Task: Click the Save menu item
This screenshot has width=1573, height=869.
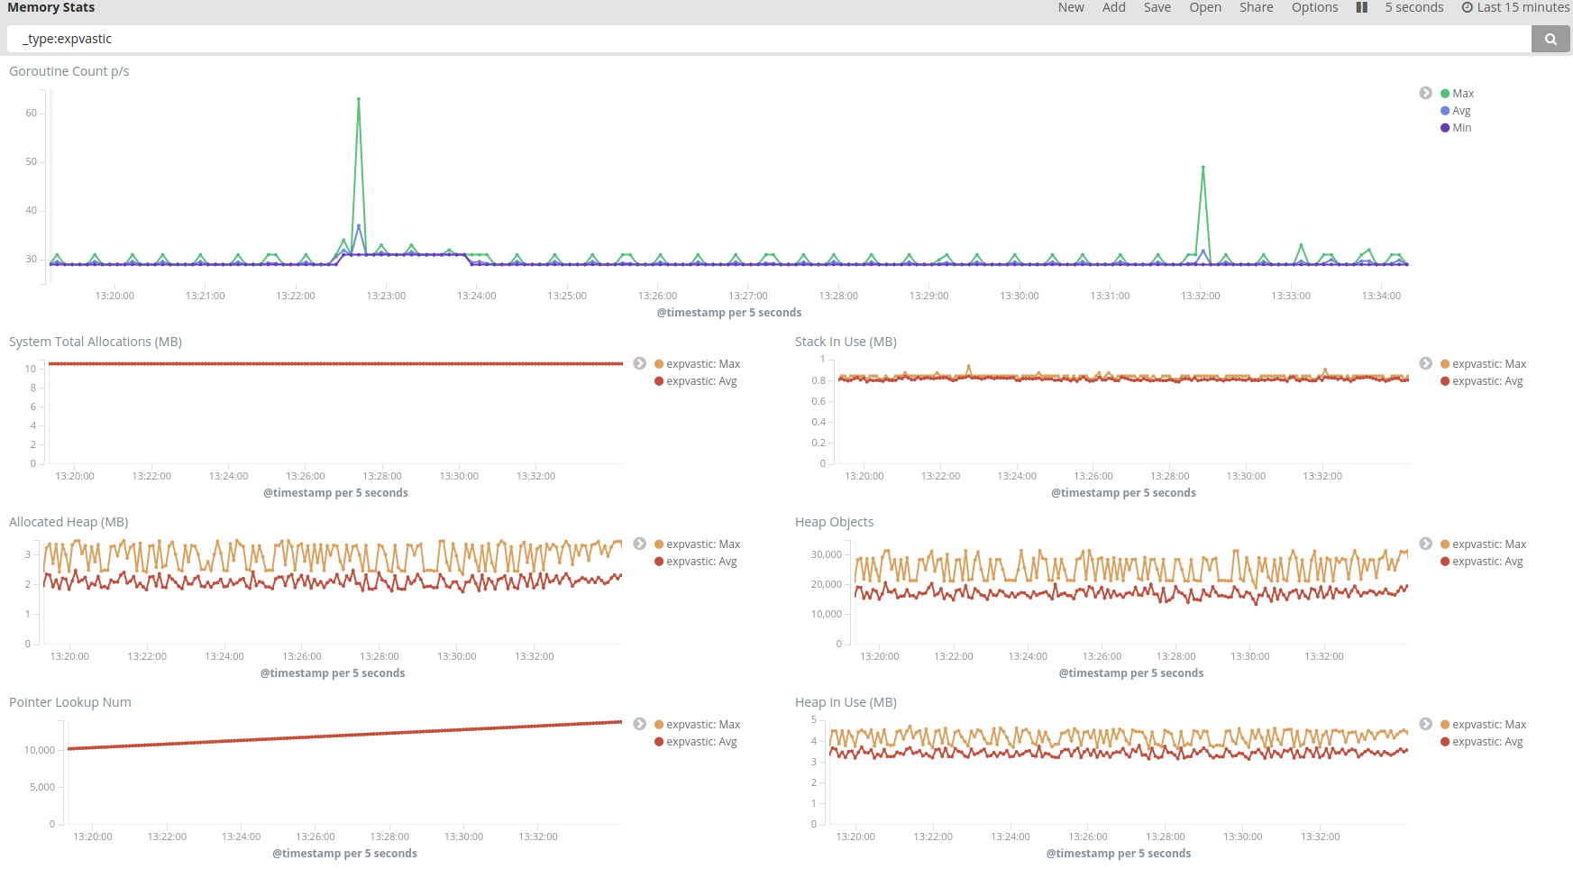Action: point(1157,7)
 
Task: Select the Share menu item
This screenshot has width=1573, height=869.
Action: point(1256,7)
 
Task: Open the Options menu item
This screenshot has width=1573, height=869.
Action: point(1314,7)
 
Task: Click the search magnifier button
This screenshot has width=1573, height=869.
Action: point(1550,39)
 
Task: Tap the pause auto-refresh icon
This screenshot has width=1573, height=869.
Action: point(1362,7)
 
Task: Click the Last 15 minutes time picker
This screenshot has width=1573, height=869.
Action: point(1515,7)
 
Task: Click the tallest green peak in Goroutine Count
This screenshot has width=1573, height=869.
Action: point(359,99)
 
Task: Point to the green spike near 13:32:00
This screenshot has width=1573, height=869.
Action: point(1203,168)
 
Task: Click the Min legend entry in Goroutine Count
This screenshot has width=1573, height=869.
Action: point(1456,128)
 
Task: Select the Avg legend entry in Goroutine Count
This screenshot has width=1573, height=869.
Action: point(1456,111)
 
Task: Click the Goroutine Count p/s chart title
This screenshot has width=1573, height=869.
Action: point(69,71)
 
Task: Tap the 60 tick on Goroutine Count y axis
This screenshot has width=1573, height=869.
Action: point(32,113)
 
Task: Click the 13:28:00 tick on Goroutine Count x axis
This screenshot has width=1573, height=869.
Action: point(838,296)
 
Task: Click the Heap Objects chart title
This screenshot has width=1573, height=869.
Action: point(834,522)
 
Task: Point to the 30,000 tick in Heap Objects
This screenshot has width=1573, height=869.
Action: point(827,554)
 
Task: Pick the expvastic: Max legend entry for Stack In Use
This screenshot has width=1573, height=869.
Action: point(1484,364)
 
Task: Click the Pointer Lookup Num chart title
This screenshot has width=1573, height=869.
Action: point(70,702)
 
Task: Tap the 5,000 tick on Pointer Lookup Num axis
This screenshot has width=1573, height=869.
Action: point(42,787)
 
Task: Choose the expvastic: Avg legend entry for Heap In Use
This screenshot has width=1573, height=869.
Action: point(1482,742)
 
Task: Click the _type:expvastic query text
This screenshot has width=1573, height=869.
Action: point(68,39)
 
